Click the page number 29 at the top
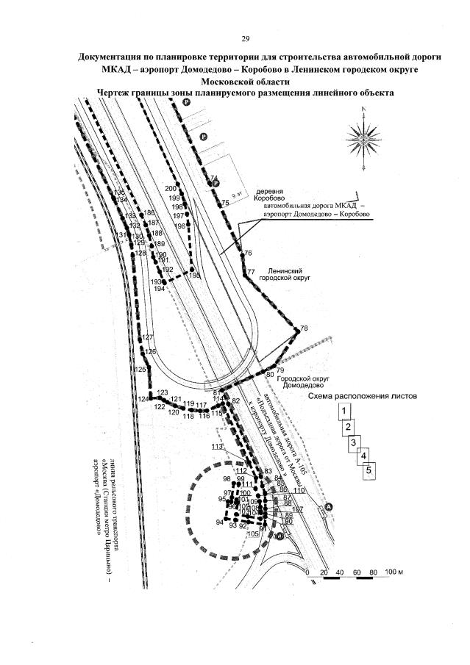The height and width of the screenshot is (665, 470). (246, 38)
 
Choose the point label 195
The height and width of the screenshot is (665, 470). (195, 275)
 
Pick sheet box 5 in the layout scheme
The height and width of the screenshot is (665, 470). (371, 469)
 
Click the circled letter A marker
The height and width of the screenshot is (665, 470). (330, 506)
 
